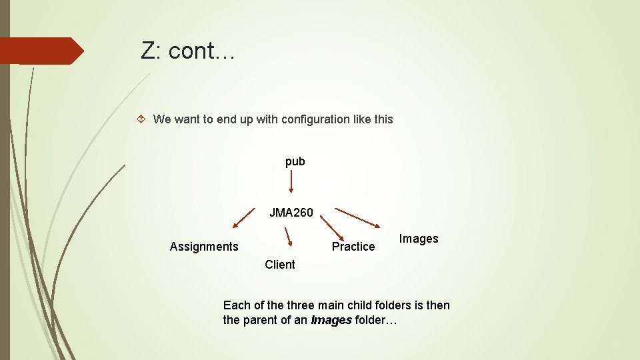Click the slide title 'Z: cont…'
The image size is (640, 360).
[187, 51]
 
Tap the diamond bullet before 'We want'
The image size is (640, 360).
[141, 119]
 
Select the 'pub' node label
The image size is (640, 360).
[295, 161]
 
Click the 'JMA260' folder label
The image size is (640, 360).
[291, 213]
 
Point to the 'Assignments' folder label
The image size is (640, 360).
[204, 247]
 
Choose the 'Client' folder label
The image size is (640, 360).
[279, 265]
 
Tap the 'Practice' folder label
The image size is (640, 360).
[353, 247]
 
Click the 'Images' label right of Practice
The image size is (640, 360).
[419, 239]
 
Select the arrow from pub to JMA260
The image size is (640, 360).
[291, 181]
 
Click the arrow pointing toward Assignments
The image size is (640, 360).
[243, 220]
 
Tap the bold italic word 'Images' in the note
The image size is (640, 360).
[331, 321]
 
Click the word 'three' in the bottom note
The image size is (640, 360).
[300, 305]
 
